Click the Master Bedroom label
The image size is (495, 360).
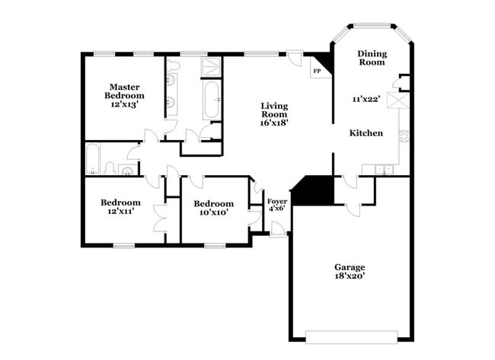pos(124,91)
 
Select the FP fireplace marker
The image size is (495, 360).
pos(317,72)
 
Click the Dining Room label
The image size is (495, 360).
pos(372,58)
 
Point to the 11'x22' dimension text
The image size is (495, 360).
pos(366,99)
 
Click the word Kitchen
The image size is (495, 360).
pos(366,133)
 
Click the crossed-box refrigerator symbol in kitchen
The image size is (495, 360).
pos(396,102)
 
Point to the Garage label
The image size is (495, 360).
pos(350,266)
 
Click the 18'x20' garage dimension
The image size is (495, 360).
pos(350,276)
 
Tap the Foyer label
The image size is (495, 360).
pos(276,202)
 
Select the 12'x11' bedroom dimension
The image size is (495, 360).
pos(120,212)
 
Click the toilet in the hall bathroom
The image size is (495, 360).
pos(111,167)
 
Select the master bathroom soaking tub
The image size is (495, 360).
pos(211,99)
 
